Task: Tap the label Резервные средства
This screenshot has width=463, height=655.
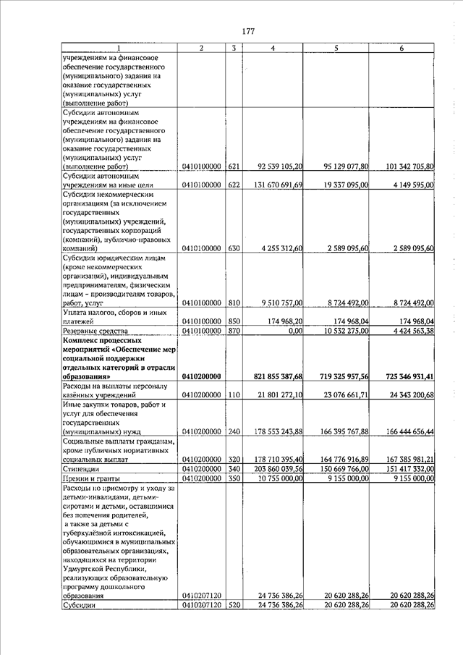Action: click(95, 331)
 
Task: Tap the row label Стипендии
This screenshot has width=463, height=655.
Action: click(82, 469)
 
